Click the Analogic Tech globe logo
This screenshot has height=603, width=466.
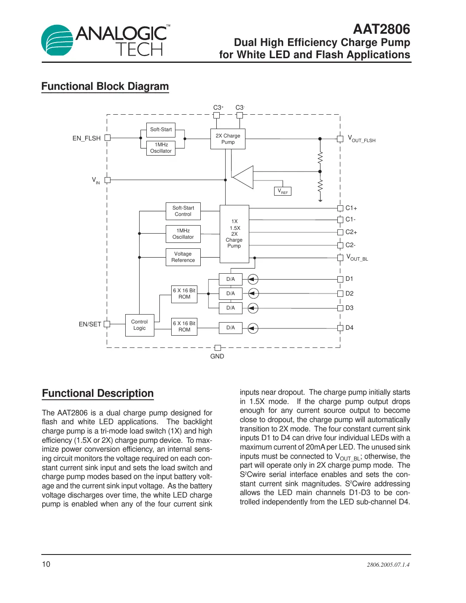[x=57, y=40]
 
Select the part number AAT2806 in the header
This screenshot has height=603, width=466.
[x=381, y=29]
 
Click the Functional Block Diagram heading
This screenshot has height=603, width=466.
[x=105, y=86]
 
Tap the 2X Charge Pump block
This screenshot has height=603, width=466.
[x=228, y=139]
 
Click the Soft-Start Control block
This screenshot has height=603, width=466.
[x=183, y=211]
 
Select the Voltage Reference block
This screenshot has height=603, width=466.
[x=183, y=257]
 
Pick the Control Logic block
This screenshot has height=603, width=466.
[x=140, y=325]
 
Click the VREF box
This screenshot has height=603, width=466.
[x=283, y=191]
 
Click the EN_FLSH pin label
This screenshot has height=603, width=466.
[x=86, y=138]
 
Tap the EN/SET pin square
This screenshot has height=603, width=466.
[x=107, y=324]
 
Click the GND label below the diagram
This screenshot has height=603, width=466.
[x=217, y=356]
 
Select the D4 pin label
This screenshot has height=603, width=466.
[x=350, y=328]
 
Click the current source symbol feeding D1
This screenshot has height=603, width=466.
[x=253, y=279]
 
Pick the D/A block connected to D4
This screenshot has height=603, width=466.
[x=231, y=328]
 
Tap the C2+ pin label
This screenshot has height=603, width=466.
[x=351, y=232]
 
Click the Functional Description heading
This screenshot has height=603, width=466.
[x=98, y=393]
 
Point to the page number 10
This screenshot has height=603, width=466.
[x=46, y=564]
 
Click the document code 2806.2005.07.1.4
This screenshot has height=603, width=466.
[x=388, y=565]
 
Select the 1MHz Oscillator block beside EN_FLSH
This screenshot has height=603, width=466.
[x=161, y=148]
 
